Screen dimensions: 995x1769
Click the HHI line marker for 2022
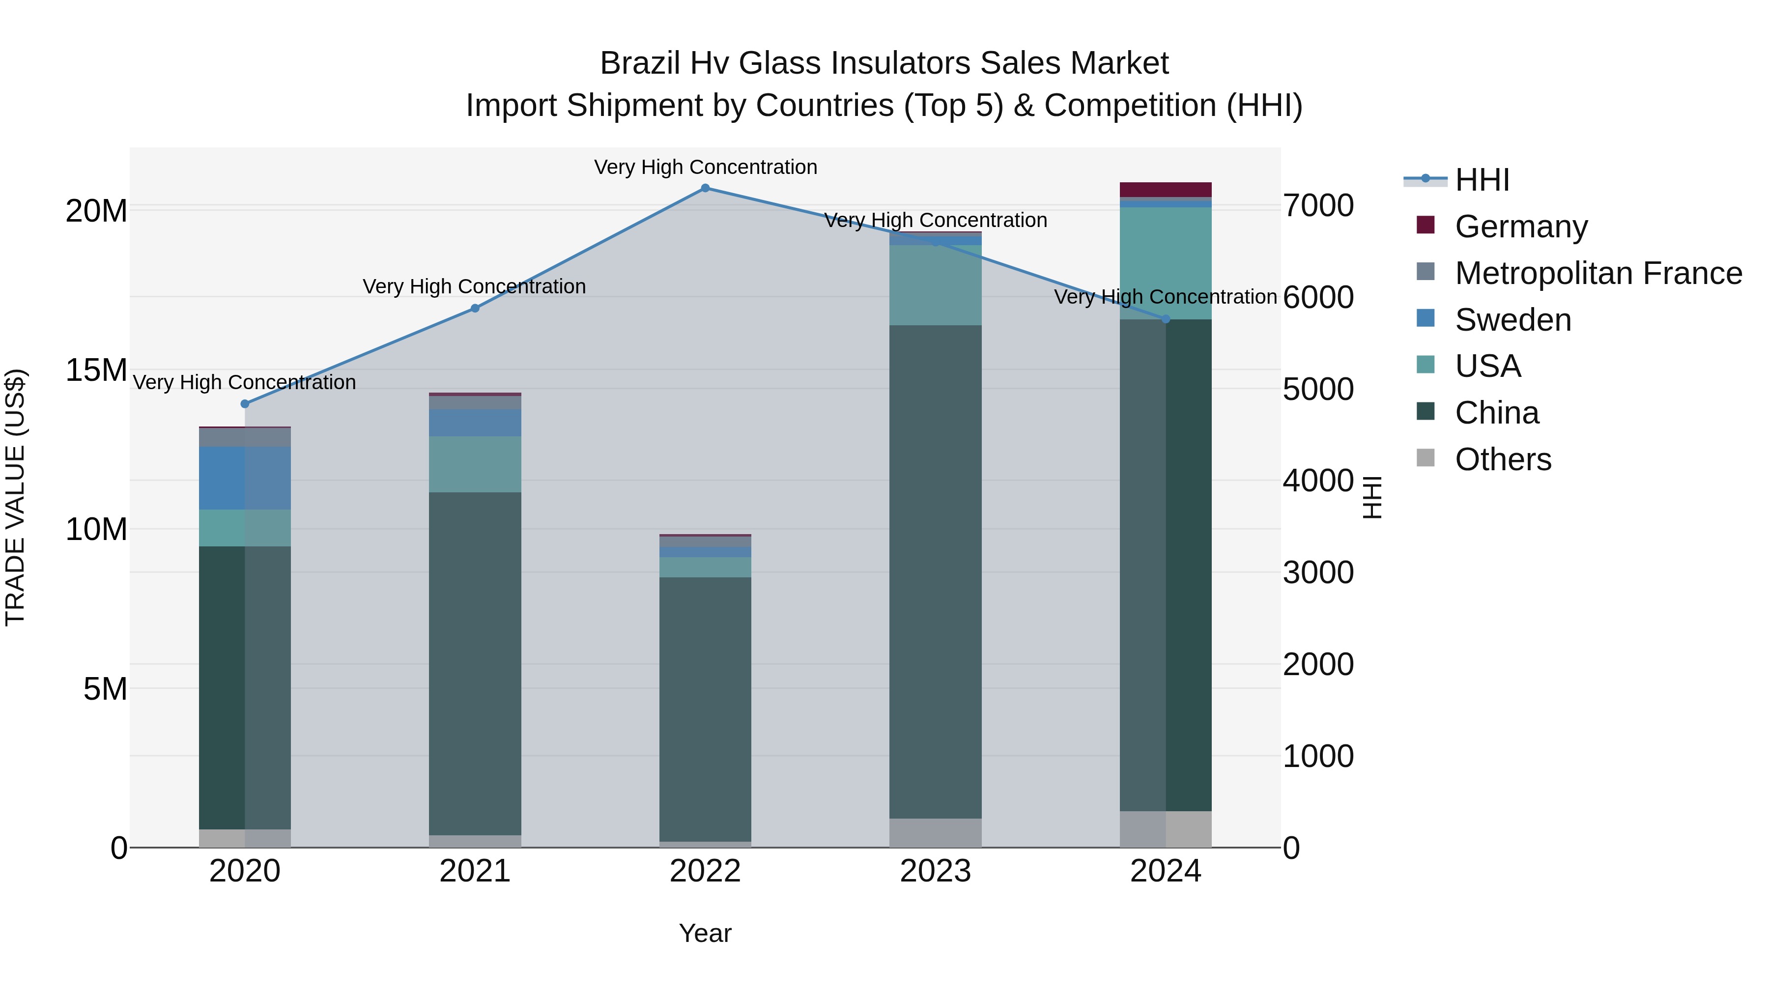(x=705, y=188)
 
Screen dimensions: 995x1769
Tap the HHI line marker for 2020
(x=245, y=404)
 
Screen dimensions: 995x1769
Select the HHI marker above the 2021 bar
(x=475, y=308)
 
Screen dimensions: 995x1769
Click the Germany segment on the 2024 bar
(x=1166, y=190)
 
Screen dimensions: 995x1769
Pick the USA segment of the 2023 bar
(x=935, y=285)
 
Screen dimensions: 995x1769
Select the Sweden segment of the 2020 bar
(x=245, y=478)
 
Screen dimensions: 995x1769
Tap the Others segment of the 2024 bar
(x=1166, y=829)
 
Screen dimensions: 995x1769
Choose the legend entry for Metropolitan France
(x=1598, y=273)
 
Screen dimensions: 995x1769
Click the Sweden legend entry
(x=1513, y=320)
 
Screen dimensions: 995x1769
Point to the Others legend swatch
(x=1426, y=458)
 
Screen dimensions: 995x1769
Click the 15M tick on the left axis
(x=96, y=370)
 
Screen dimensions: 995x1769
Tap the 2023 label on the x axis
(x=935, y=871)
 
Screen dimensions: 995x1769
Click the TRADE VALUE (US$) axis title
(x=15, y=497)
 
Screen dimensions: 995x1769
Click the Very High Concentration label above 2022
(x=705, y=167)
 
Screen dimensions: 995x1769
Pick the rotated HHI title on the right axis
(x=1371, y=497)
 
